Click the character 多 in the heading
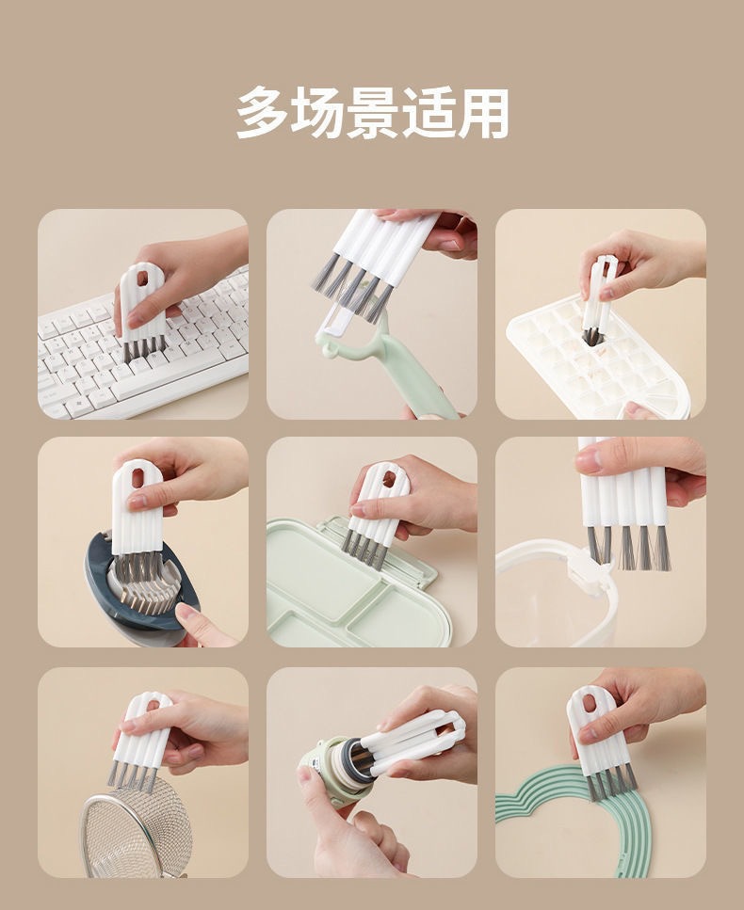[x=264, y=112]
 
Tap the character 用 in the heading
[x=483, y=112]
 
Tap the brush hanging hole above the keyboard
[x=140, y=278]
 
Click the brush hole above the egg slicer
[x=138, y=478]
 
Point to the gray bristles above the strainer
[x=131, y=775]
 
